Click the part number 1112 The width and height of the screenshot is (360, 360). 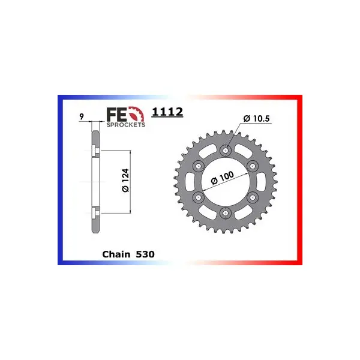click(167, 112)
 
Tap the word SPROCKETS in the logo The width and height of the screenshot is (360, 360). click(126, 125)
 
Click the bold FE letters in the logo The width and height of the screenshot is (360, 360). click(116, 115)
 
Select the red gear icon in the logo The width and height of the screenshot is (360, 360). click(136, 114)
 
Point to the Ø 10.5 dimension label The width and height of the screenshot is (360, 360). click(256, 118)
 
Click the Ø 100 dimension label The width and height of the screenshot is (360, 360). click(222, 178)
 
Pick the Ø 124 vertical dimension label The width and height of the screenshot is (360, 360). click(125, 181)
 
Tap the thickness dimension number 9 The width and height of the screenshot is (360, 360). click(82, 116)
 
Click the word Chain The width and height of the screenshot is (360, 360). click(116, 254)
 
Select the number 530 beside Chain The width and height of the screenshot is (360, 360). click(145, 254)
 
